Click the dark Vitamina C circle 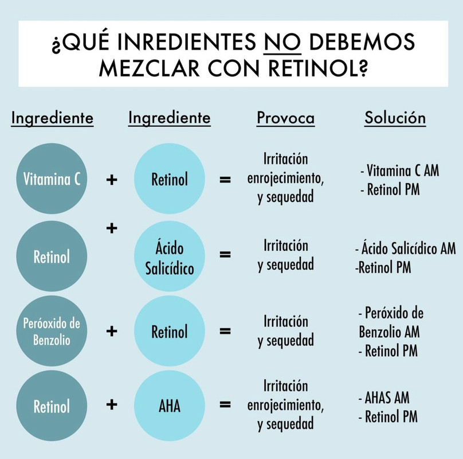pos(52,180)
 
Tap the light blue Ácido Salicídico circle pos(170,256)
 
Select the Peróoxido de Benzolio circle pos(52,331)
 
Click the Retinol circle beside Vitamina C pos(170,180)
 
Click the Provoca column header pos(285,118)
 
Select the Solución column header pos(395,118)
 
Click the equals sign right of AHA pos(226,406)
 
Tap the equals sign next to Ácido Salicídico pos(226,255)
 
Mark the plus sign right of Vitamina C pos(112,180)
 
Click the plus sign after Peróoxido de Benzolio pos(112,331)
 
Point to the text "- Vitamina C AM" pos(399,171)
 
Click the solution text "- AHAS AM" pos(387,398)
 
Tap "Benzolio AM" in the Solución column pos(390,332)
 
